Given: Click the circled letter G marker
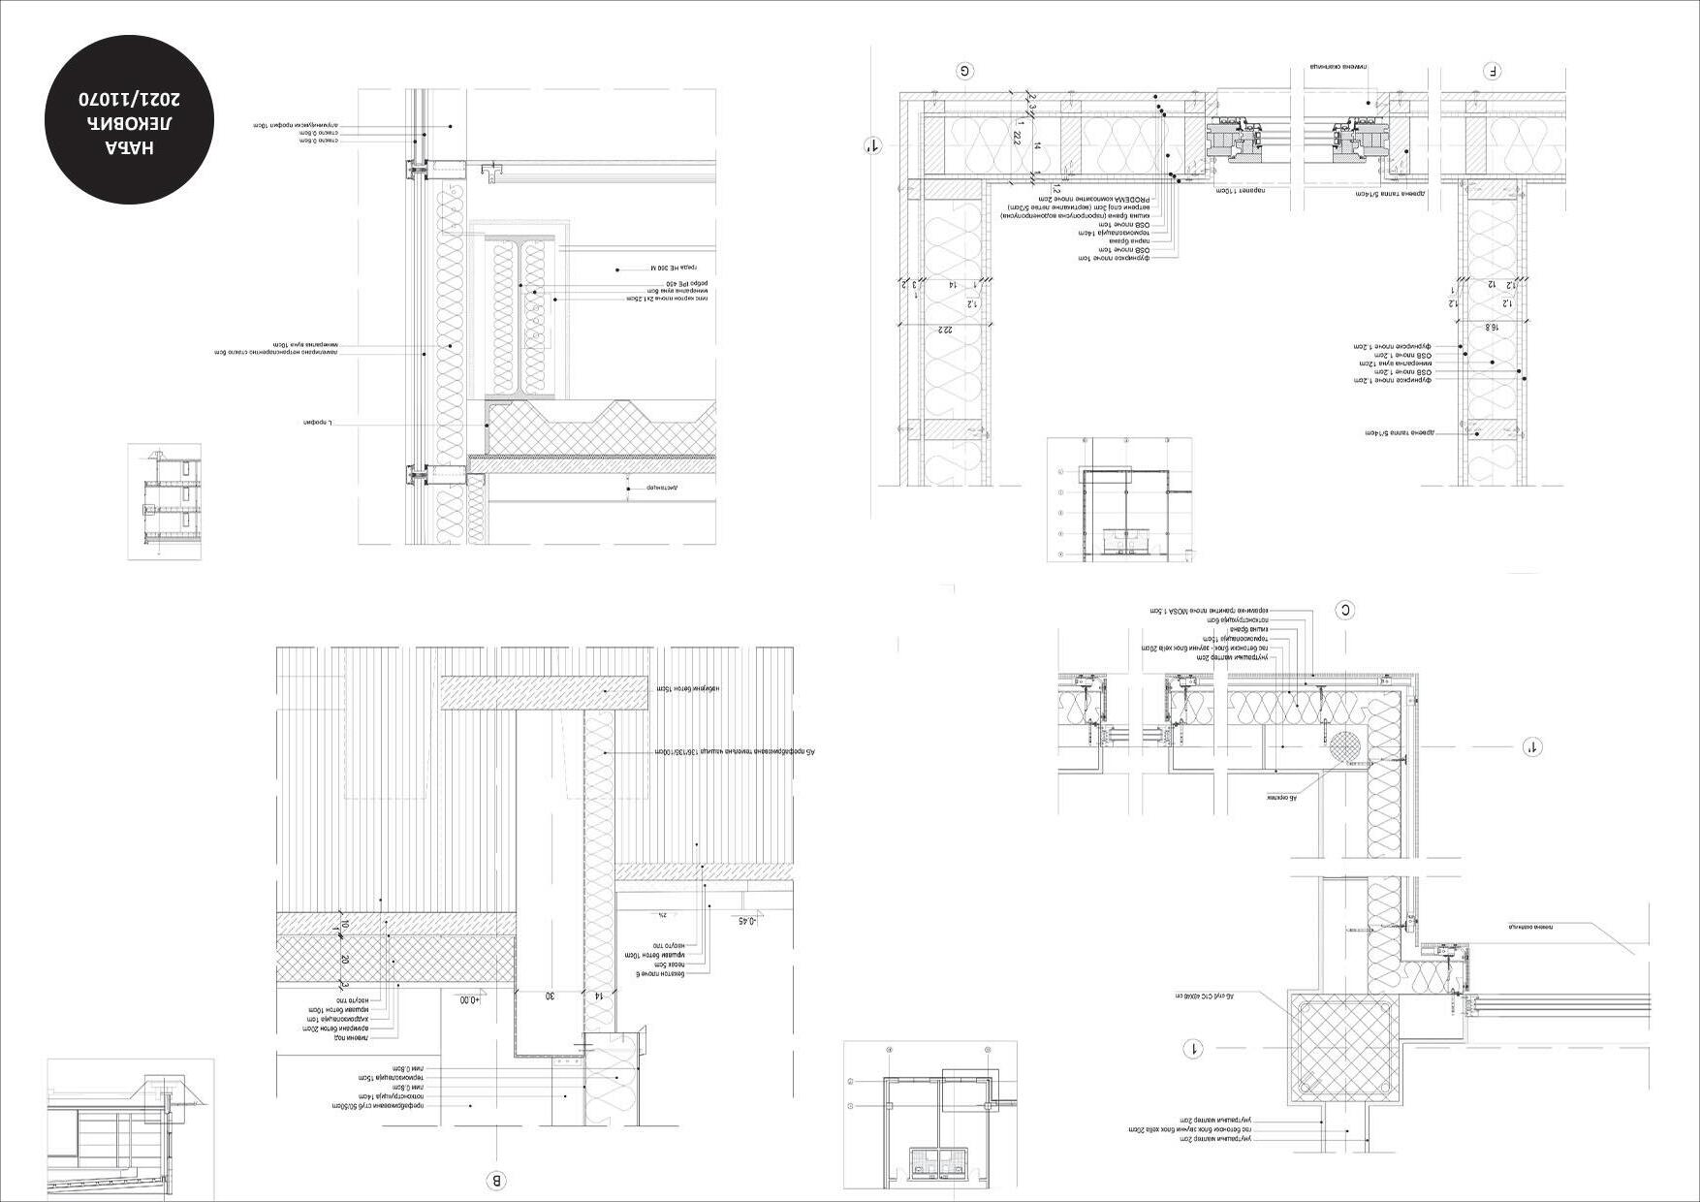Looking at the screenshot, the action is click(965, 71).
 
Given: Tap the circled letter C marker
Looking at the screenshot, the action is click(1344, 610).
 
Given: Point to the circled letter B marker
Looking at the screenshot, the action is click(495, 1181).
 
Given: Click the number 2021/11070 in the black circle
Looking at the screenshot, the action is click(129, 100).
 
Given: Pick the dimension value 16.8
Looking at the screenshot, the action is click(1494, 328).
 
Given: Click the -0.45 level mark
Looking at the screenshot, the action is click(746, 921).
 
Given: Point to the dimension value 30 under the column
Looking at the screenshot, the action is click(549, 996).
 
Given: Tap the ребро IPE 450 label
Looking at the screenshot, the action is click(667, 284).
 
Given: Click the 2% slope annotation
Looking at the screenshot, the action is click(663, 914).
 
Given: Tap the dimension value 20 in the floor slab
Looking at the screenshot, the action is click(344, 959).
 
